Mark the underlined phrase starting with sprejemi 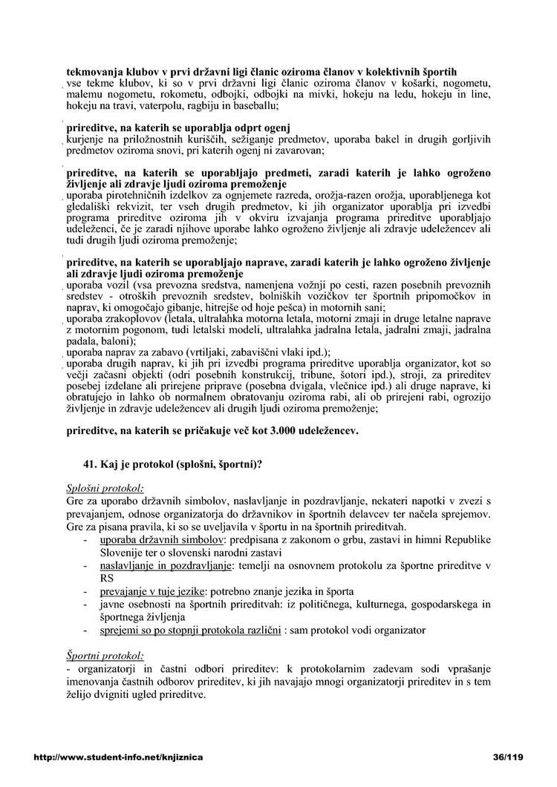click(x=190, y=630)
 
